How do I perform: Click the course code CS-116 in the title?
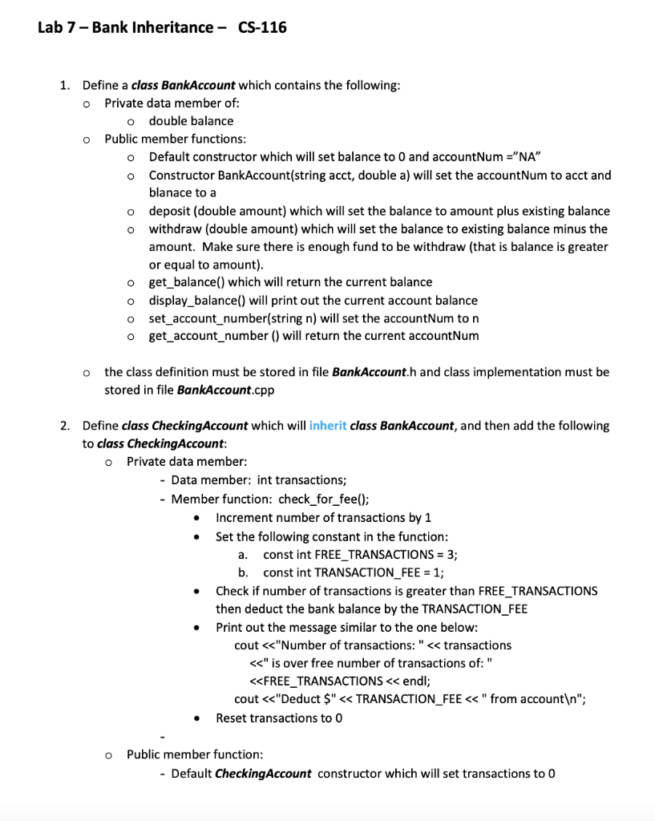pyautogui.click(x=262, y=28)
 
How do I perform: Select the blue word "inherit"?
pyautogui.click(x=327, y=426)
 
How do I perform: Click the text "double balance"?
pyautogui.click(x=191, y=121)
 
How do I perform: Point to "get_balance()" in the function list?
pyautogui.click(x=186, y=282)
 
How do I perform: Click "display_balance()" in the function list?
pyautogui.click(x=196, y=301)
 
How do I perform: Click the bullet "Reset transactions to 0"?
pyautogui.click(x=279, y=718)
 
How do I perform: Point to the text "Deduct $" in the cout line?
pyautogui.click(x=306, y=699)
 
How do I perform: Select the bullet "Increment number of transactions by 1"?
pyautogui.click(x=324, y=517)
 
